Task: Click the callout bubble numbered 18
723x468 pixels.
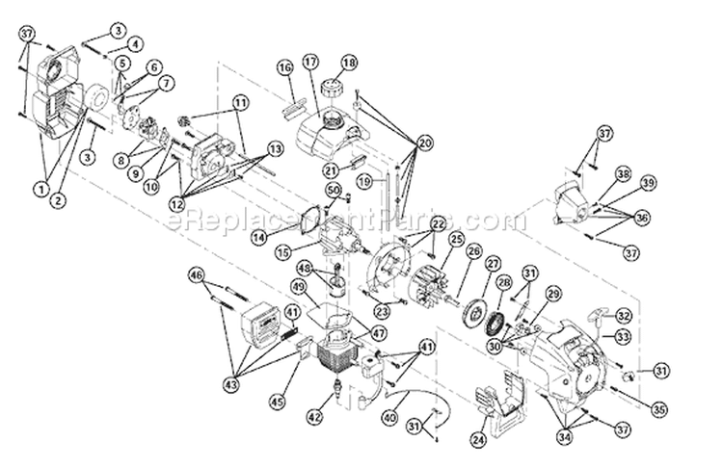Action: [349, 62]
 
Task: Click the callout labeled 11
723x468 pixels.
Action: [240, 102]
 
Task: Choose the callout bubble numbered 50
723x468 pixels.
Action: [334, 192]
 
